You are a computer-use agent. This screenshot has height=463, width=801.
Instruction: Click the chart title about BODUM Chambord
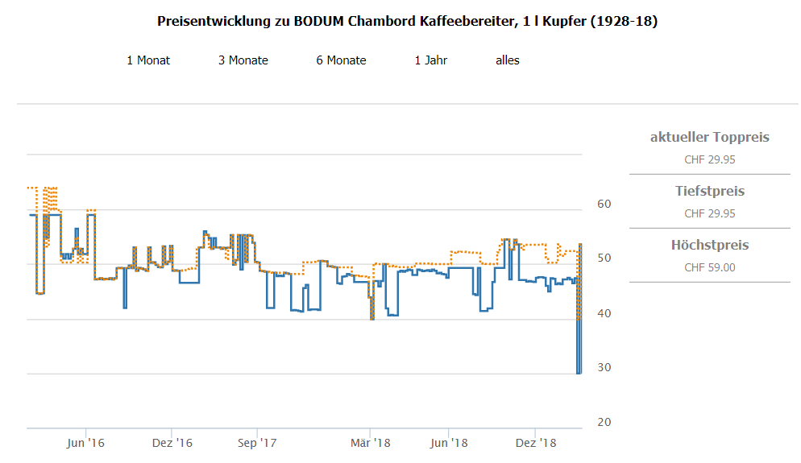click(x=407, y=22)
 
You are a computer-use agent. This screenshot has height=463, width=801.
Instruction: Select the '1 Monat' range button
click(x=148, y=60)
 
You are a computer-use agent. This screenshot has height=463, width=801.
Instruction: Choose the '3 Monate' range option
click(x=243, y=60)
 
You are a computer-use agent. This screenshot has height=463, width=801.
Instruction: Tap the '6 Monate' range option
click(x=341, y=60)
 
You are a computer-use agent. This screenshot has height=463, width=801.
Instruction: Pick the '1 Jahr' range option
click(x=431, y=60)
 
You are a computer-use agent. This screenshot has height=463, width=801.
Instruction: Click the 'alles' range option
click(x=508, y=60)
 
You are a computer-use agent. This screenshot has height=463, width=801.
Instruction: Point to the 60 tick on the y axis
click(x=604, y=204)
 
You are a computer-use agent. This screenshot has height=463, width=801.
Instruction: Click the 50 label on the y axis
click(x=604, y=258)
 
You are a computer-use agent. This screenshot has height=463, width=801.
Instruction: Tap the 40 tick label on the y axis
click(x=604, y=313)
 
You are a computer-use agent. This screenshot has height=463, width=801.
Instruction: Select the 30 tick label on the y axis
click(x=604, y=368)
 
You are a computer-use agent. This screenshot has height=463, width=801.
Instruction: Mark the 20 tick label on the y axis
click(x=604, y=423)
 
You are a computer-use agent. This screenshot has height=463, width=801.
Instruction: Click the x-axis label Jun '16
click(x=85, y=443)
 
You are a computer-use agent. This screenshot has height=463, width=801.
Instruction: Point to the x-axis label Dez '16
click(x=172, y=443)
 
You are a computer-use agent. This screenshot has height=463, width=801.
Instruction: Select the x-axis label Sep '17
click(x=257, y=443)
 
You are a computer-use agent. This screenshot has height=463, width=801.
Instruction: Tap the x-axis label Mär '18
click(x=371, y=443)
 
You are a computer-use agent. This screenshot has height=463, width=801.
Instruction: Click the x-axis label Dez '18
click(x=536, y=443)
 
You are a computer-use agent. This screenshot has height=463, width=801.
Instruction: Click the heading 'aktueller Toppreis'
click(x=709, y=137)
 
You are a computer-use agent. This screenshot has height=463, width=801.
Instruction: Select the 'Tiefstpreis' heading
click(x=709, y=191)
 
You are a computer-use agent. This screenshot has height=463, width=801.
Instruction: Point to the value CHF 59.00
click(x=709, y=267)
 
